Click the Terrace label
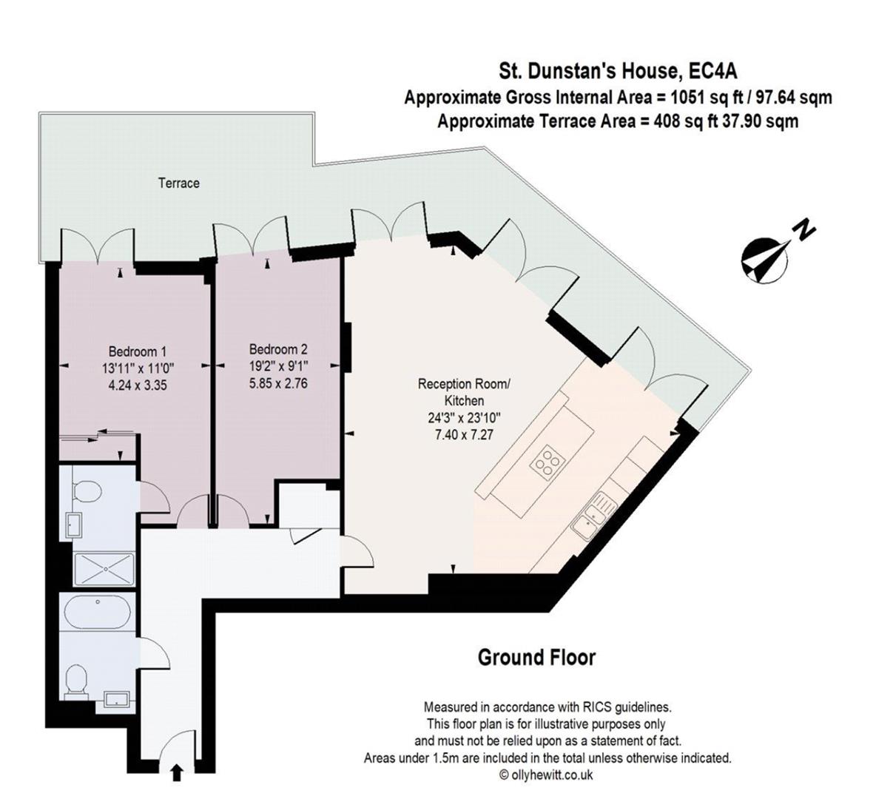click(178, 183)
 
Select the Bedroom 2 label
click(278, 349)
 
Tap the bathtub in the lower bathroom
click(98, 613)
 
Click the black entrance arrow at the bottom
click(178, 774)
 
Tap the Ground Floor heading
click(536, 657)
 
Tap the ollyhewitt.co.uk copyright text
click(546, 775)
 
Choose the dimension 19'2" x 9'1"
click(278, 366)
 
